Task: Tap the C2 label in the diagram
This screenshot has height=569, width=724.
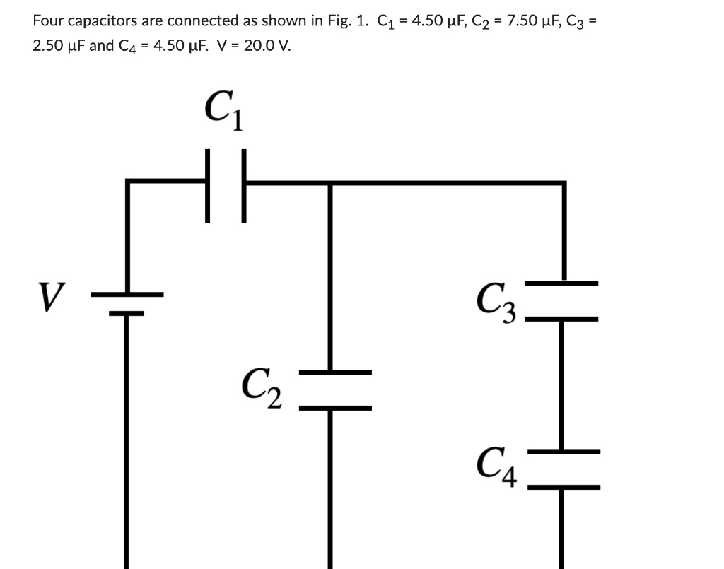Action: point(262,389)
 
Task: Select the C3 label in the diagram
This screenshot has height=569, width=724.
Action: point(497,302)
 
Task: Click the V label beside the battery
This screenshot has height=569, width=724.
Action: point(51,297)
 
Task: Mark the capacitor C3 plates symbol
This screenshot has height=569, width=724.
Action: point(563,301)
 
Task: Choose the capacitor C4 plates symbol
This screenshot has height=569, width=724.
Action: point(564,469)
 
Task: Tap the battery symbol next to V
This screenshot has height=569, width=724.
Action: point(127,303)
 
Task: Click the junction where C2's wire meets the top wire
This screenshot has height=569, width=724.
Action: point(329,184)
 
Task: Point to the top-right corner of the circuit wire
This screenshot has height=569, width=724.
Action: point(564,184)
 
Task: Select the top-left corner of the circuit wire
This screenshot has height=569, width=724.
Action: point(128,184)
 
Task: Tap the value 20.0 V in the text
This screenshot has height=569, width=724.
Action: point(267,47)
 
